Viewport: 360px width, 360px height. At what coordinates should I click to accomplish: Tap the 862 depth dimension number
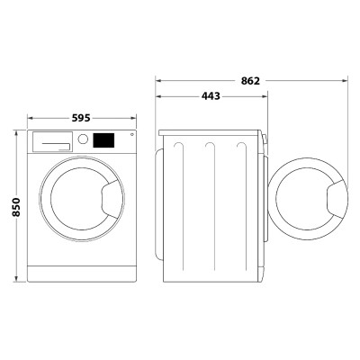click(251, 81)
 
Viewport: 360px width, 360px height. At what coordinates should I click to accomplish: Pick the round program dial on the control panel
click(83, 140)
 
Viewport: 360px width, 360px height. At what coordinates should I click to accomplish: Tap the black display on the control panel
click(103, 140)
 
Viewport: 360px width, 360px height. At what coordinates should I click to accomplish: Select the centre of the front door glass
click(77, 203)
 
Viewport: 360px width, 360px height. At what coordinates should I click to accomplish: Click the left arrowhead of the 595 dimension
click(30, 118)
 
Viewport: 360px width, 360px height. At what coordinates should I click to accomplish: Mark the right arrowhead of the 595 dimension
click(134, 118)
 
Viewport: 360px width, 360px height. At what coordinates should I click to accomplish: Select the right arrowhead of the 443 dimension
click(266, 96)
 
